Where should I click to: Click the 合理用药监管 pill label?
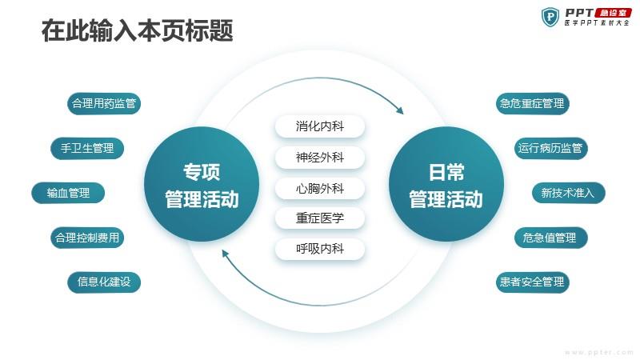coord(104,104)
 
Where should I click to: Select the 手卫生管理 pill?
coord(87,148)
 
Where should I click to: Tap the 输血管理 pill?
coord(68,193)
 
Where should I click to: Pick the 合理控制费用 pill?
coord(87,238)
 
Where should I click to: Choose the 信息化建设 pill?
coord(104,282)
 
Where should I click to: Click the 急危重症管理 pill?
coord(532,104)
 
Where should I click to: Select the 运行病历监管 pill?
coord(550,148)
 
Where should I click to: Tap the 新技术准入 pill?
coord(569,193)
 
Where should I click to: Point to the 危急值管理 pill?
coord(550,238)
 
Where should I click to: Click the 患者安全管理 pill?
coord(532,282)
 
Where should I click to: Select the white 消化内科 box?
coord(319,126)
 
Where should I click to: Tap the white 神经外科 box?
coord(319,157)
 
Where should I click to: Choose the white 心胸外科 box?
coord(319,188)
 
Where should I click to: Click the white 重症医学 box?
coord(319,218)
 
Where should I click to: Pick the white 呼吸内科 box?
coord(319,249)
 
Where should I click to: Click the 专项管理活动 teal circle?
coord(202,185)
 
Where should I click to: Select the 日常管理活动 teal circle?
coord(446,185)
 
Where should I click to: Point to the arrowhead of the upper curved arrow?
coord(400,110)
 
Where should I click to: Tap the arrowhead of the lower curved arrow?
coord(225,254)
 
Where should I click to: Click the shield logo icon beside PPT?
coord(550,17)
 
